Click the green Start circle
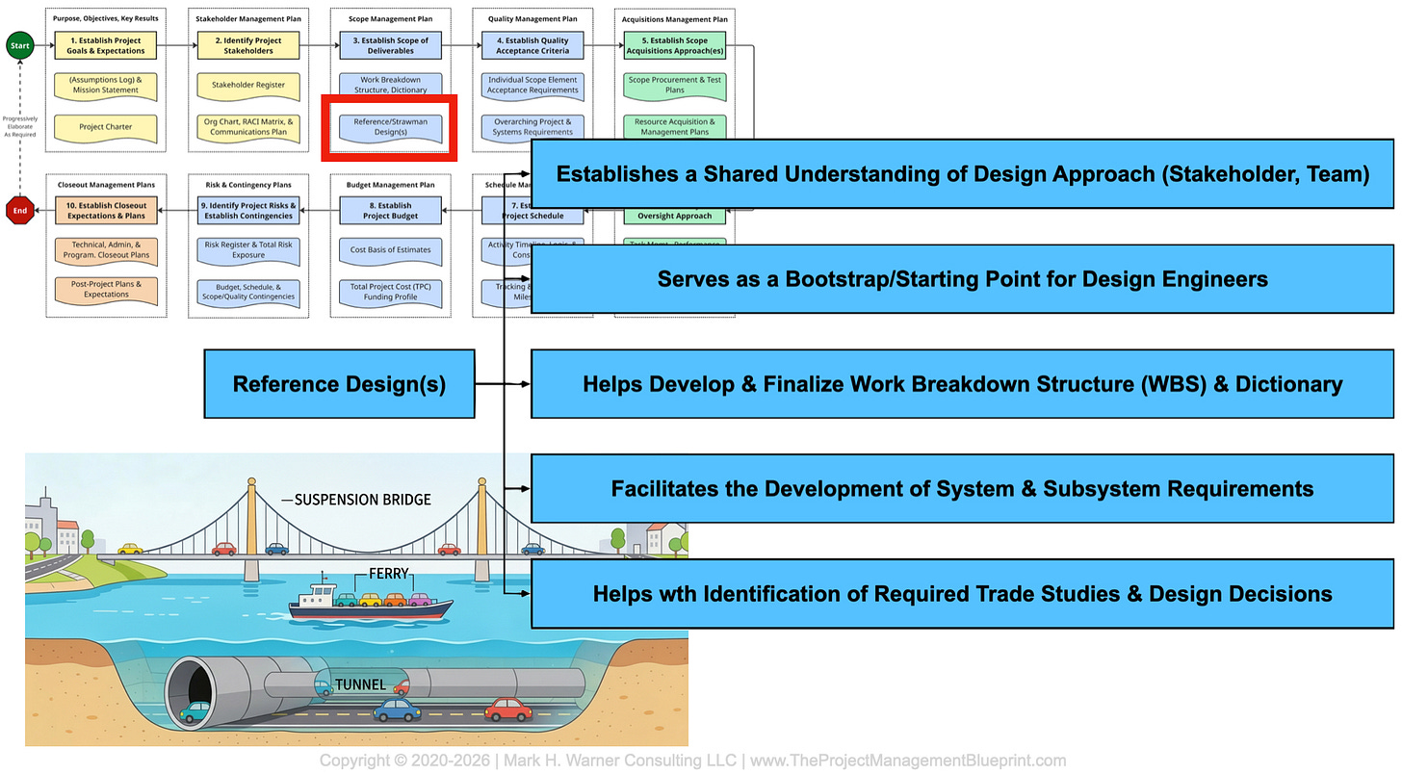tap(18, 45)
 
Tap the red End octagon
tap(18, 210)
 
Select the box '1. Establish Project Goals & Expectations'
tap(106, 45)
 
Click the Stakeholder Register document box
tap(248, 85)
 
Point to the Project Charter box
tap(106, 127)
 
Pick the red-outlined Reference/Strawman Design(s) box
tap(390, 127)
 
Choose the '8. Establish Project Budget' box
tap(390, 210)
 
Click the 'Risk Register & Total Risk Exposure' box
tap(248, 250)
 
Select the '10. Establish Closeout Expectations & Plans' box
tap(106, 210)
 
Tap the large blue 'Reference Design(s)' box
tap(339, 384)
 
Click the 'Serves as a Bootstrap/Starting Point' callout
tap(962, 279)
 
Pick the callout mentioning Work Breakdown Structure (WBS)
tap(962, 384)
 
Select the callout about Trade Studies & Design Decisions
tap(962, 593)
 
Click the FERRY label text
tap(389, 574)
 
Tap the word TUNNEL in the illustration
tap(360, 685)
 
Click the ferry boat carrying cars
tap(371, 605)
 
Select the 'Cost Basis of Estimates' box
tap(390, 250)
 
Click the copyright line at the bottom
tap(692, 761)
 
